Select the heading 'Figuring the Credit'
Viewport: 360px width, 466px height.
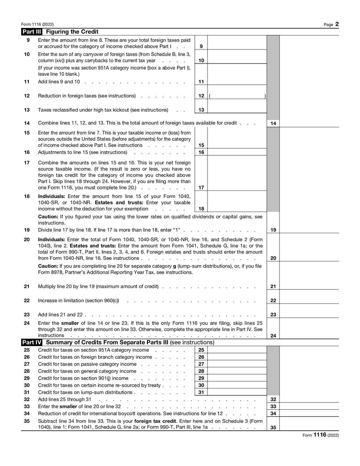[72, 32]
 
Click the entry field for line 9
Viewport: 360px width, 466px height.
[237, 43]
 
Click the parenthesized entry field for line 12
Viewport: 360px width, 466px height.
[237, 96]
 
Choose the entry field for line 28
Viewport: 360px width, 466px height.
[237, 371]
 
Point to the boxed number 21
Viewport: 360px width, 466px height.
[273, 286]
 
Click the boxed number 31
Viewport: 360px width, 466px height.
[201, 392]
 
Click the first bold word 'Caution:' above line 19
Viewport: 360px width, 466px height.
[48, 216]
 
